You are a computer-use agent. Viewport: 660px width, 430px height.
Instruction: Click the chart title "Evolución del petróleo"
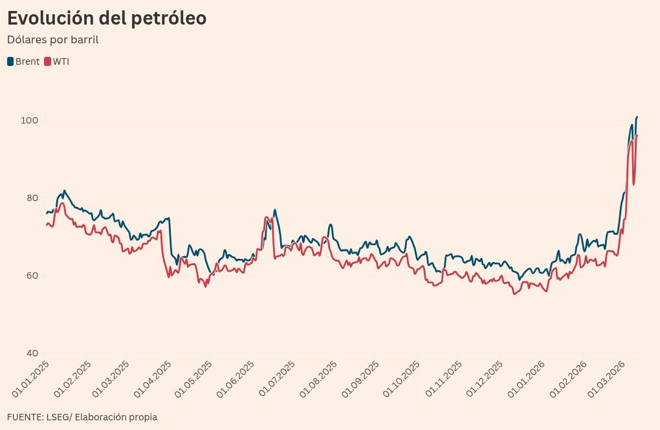tap(107, 18)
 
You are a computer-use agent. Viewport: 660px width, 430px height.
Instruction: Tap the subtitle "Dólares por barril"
tap(52, 39)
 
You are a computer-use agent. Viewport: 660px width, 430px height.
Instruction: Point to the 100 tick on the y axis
tap(30, 121)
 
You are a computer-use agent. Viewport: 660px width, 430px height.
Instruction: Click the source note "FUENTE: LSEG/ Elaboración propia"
tap(82, 417)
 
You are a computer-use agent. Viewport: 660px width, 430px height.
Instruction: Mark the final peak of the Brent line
tap(637, 117)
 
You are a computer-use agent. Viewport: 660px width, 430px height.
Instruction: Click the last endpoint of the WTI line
tap(637, 134)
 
